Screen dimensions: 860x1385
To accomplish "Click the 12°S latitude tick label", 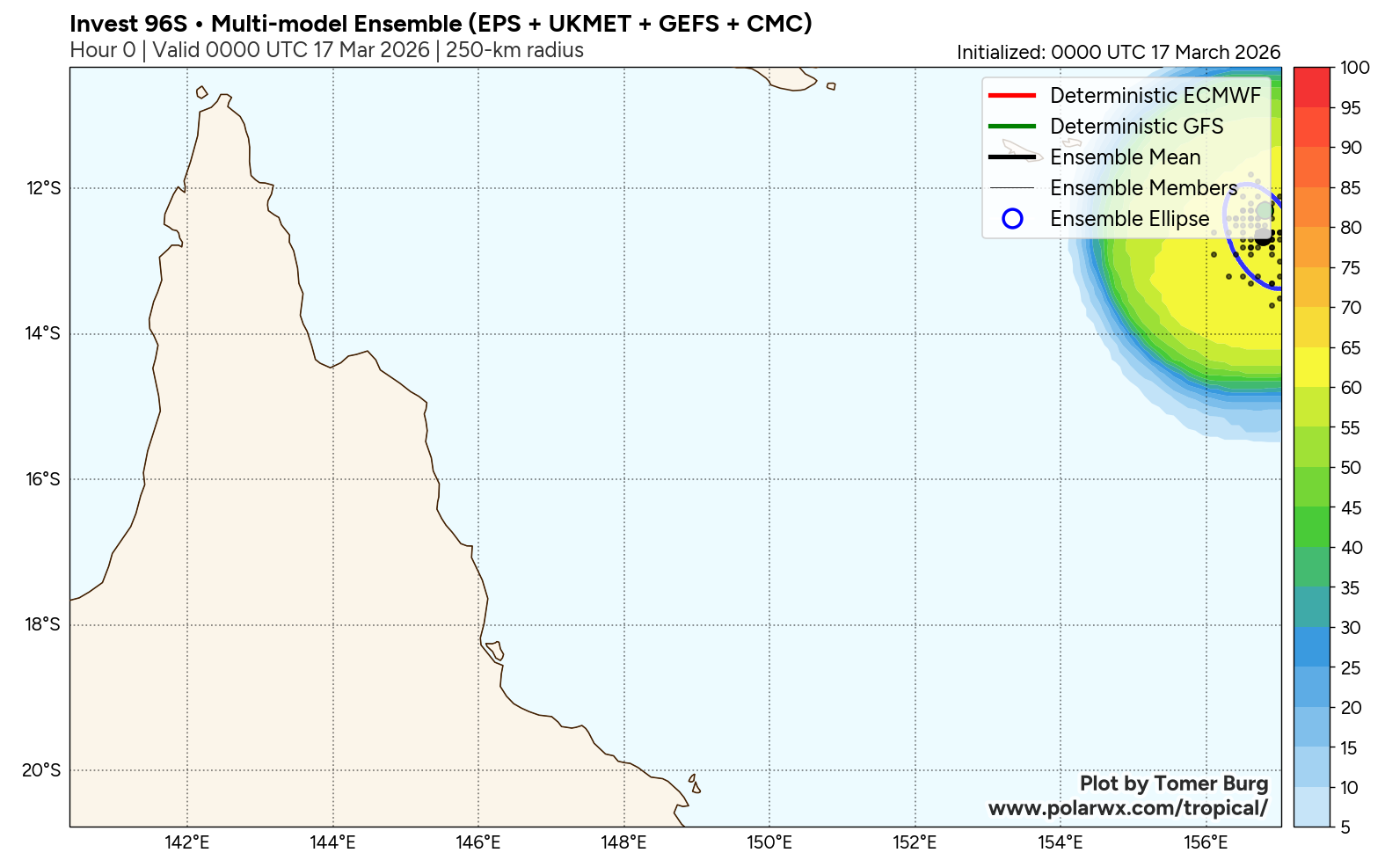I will [43, 188].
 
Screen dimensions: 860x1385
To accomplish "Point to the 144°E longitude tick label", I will [332, 842].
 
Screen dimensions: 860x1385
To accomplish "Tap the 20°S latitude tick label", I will [42, 770].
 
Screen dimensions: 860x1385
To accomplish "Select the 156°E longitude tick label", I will [1206, 842].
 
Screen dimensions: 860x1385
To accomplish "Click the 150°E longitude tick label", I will [769, 842].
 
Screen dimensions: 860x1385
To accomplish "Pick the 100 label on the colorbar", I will [1354, 68].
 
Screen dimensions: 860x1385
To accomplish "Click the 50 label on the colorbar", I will [1351, 468].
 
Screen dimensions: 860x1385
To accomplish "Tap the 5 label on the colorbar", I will [1345, 827].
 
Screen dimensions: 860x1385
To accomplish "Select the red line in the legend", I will [1012, 96].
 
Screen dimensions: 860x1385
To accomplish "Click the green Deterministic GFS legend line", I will [1012, 127].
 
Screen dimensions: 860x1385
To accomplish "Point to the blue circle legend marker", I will [1012, 219].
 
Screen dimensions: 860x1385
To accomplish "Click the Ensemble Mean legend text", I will [1125, 157].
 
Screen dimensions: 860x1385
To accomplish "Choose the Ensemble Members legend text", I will [1143, 188].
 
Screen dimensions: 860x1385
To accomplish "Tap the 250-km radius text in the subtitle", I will [514, 50].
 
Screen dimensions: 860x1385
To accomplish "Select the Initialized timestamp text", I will [1118, 53].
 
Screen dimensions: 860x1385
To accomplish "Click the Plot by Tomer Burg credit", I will [1173, 783].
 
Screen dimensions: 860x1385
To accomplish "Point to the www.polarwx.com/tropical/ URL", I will [1127, 808].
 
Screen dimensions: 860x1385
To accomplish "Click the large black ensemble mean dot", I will [1264, 237].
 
